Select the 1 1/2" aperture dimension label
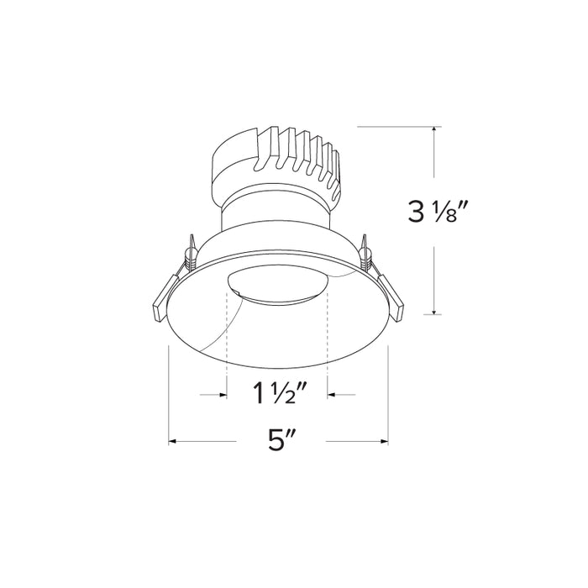[x=276, y=392]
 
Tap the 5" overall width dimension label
[x=277, y=439]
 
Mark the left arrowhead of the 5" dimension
[x=172, y=439]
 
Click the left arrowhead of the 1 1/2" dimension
[x=223, y=392]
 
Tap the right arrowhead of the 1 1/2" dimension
[x=332, y=392]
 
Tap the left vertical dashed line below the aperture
[x=228, y=336]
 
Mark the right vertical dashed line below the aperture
[x=328, y=336]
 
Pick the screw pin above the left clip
[x=192, y=250]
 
